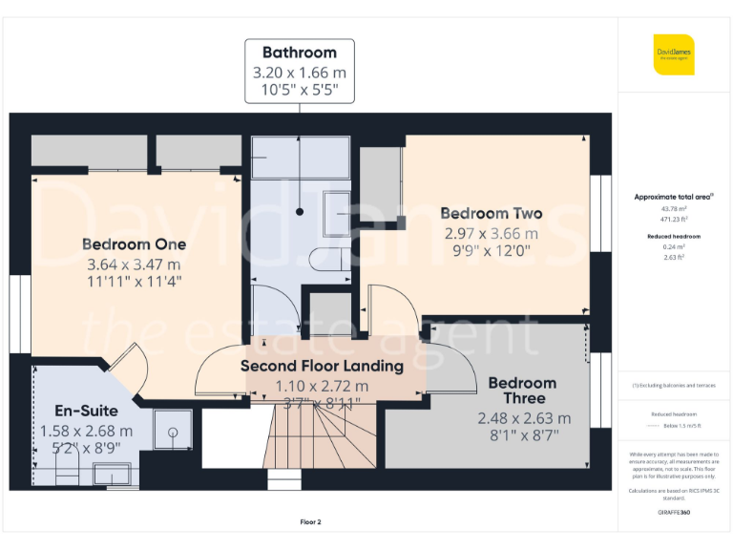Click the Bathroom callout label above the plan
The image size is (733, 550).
(300, 53)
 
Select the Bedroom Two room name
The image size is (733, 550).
(491, 214)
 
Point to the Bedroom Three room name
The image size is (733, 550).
(522, 391)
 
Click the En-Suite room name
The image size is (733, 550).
(73, 412)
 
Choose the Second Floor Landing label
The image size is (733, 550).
(322, 366)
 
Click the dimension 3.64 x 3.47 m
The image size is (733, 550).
(134, 264)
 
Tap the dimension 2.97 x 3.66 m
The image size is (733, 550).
(491, 233)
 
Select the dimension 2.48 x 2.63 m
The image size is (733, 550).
(524, 418)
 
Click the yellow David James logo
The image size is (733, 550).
(673, 54)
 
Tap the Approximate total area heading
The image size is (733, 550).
(673, 197)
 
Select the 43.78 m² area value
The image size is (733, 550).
(673, 208)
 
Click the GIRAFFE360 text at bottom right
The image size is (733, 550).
(673, 513)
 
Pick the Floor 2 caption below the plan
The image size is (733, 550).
(311, 522)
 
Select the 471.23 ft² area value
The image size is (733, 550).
(673, 219)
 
